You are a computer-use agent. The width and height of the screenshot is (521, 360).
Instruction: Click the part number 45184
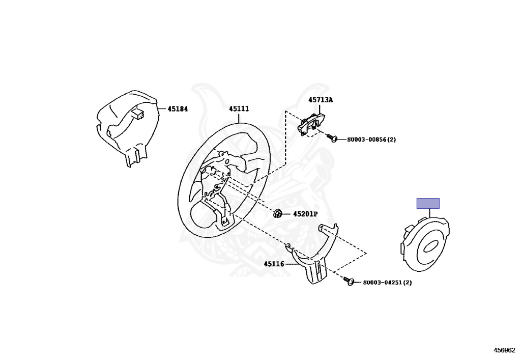178,108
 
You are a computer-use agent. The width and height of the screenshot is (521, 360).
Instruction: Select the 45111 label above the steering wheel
239,108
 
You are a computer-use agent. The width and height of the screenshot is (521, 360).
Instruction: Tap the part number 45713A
321,100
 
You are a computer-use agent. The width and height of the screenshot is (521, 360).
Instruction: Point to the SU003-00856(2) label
371,140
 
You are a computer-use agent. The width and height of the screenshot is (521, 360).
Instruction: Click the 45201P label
305,214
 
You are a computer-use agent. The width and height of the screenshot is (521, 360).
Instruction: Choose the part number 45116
274,264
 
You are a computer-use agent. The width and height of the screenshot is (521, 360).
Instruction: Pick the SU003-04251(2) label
387,282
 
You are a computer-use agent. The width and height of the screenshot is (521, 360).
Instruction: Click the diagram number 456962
504,350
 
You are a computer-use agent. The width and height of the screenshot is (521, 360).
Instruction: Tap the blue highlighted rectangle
428,203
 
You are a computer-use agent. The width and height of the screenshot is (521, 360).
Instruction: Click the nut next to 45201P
278,213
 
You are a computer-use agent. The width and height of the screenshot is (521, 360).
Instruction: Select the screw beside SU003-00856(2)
332,137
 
